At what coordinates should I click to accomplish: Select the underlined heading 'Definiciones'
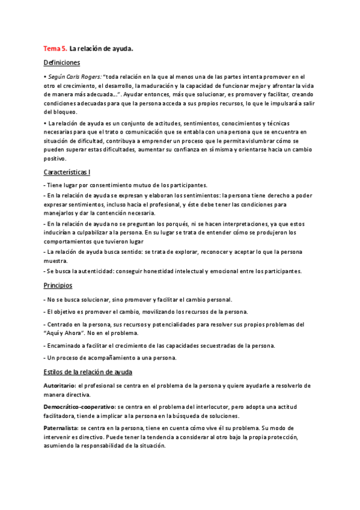[x=62, y=63]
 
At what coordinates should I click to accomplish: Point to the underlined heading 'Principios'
[x=58, y=285]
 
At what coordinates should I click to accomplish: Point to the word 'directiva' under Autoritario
[x=77, y=395]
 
